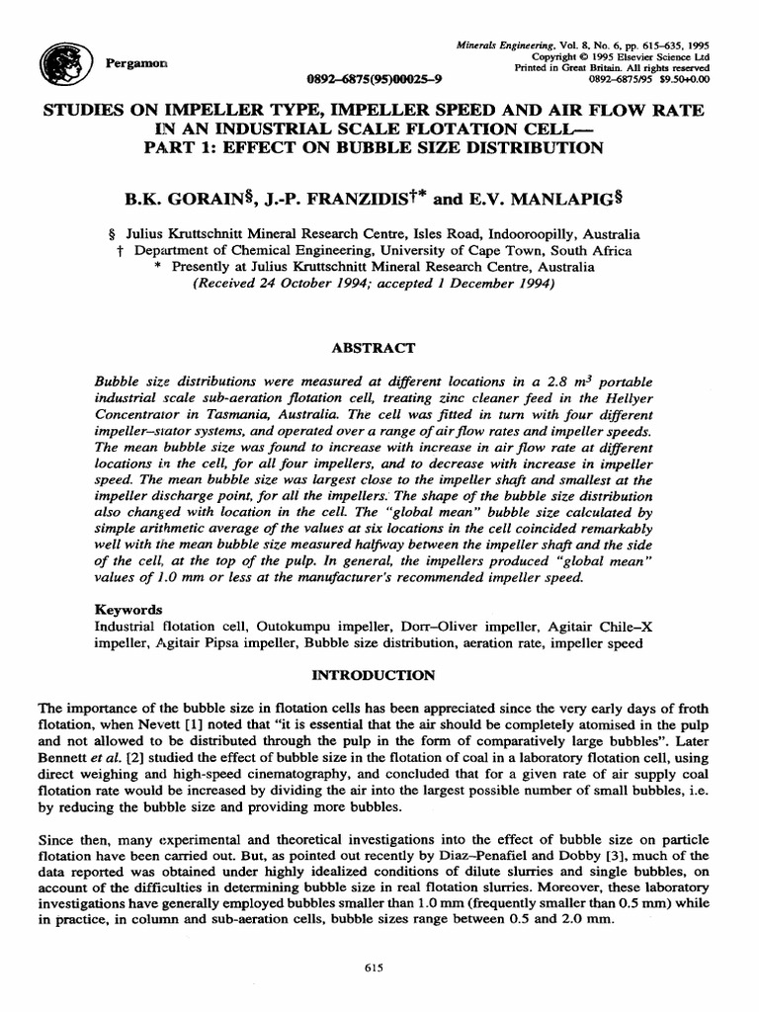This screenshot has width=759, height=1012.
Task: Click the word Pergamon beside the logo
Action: click(135, 62)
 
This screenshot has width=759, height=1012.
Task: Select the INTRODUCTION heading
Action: click(374, 675)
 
